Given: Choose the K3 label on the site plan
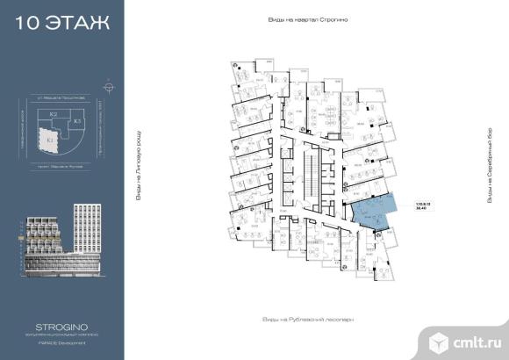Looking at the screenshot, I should [77, 120].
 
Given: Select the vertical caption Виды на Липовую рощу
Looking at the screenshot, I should [138, 168].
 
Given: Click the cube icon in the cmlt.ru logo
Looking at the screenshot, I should [439, 338].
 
